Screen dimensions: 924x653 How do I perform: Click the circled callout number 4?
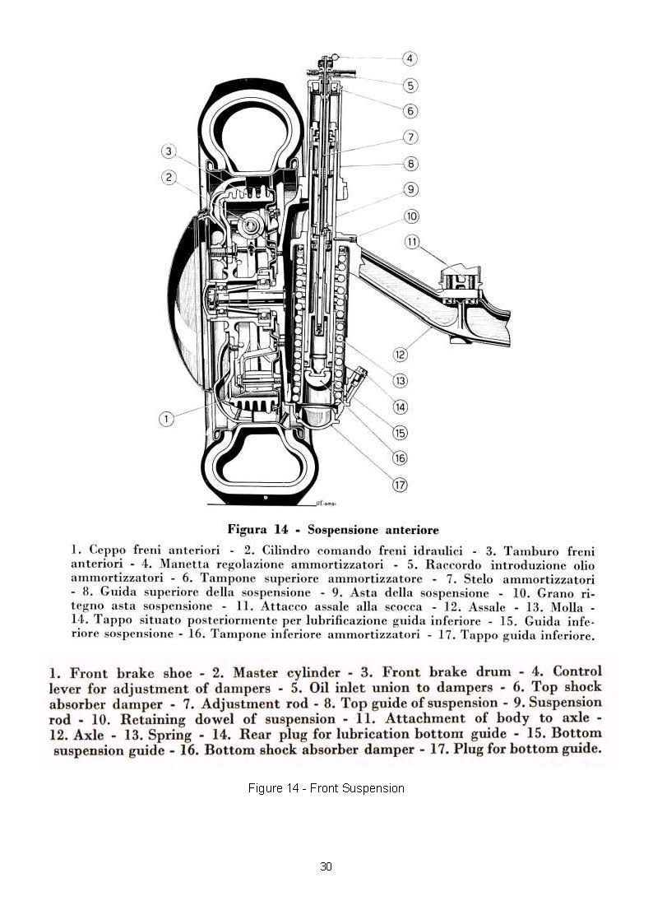pos(410,58)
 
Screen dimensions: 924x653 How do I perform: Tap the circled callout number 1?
pos(166,419)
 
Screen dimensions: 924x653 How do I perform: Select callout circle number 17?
pos(400,485)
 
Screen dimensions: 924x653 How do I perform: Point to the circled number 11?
pos(412,242)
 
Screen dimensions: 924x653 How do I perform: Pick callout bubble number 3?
pos(169,151)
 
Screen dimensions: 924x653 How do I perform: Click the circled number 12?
pos(400,355)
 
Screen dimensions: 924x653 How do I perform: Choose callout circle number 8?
pos(411,164)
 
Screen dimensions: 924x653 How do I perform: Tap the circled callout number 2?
pos(169,176)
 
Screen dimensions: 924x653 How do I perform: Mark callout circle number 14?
pos(400,406)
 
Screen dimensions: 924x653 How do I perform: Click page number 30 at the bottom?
pos(326,866)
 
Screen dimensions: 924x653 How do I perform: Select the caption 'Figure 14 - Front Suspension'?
pos(326,788)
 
